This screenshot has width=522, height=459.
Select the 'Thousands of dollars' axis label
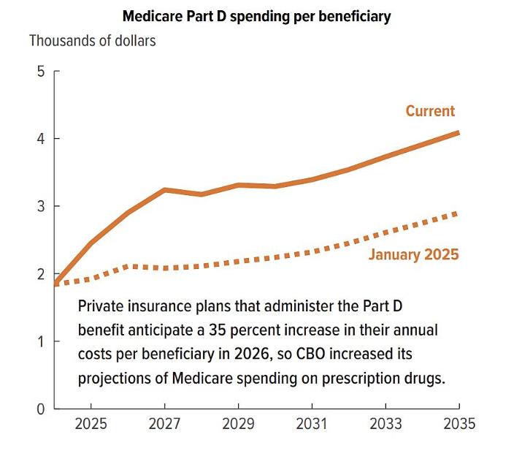(92, 40)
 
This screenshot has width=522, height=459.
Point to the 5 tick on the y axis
(40, 72)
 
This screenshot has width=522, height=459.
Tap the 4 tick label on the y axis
(40, 139)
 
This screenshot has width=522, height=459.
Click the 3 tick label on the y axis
(40, 206)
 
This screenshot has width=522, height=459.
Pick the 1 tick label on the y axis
(40, 341)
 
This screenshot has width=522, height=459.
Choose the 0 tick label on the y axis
(40, 409)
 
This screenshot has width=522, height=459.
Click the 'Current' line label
(430, 111)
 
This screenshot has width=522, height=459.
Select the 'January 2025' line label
(413, 255)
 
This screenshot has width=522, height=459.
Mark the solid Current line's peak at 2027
(166, 190)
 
